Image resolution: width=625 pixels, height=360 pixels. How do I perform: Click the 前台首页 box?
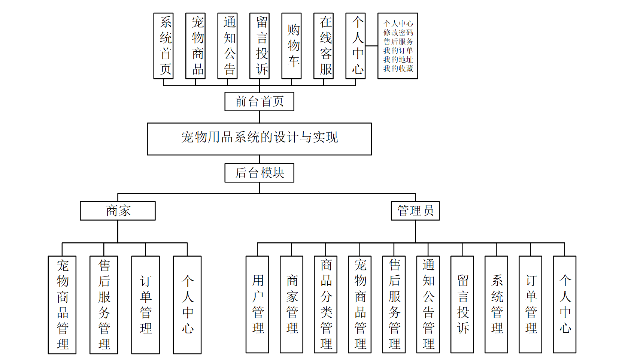259,102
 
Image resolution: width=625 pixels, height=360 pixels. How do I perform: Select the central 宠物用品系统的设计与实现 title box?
259,139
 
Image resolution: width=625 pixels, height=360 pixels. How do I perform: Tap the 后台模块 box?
259,173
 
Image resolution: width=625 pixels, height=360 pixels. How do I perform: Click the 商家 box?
118,211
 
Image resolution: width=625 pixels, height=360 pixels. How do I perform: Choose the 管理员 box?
415,211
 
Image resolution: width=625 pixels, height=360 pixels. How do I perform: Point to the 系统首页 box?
163,46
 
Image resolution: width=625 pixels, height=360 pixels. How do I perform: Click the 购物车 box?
291,46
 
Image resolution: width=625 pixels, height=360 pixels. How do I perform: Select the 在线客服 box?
324,46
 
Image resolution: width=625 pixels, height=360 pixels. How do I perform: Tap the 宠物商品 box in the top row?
195,46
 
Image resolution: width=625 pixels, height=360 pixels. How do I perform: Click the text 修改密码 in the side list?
398,33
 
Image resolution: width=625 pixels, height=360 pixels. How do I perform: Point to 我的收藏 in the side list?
398,69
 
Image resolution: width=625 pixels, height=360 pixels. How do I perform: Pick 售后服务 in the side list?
398,42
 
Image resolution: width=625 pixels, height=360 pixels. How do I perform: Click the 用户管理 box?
257,304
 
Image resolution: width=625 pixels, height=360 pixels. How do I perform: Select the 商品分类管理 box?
325,304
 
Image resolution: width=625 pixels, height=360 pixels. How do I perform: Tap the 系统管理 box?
496,304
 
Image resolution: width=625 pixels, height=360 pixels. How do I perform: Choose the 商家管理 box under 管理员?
291,304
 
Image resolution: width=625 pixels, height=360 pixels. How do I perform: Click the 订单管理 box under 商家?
145,305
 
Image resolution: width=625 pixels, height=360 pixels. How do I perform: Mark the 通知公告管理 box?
428,304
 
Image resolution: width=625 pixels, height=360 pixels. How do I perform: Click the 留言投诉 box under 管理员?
462,304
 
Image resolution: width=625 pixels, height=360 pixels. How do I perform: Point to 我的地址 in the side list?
398,60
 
